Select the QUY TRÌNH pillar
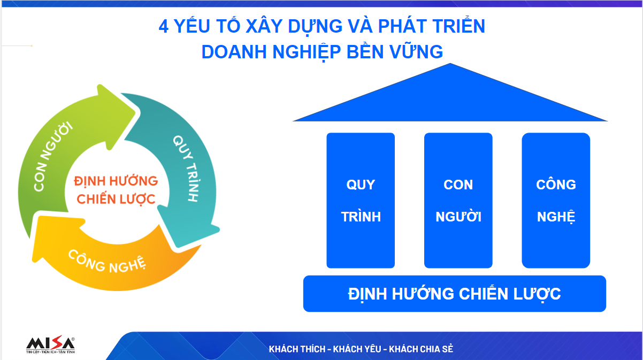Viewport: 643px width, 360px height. [361, 201]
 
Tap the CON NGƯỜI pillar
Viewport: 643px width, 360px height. [458, 201]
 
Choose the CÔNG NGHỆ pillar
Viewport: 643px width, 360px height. [556, 201]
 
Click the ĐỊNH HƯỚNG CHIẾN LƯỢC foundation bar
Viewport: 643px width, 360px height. [455, 294]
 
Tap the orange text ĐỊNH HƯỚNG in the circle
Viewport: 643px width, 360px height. [116, 181]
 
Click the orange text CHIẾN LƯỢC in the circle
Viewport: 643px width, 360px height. [116, 199]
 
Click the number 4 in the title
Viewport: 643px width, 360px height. [164, 26]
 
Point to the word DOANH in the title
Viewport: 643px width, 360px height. [234, 52]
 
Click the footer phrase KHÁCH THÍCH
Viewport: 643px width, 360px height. [297, 349]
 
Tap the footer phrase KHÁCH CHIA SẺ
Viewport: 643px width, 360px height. [421, 349]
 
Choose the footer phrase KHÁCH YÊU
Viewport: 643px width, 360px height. [357, 349]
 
